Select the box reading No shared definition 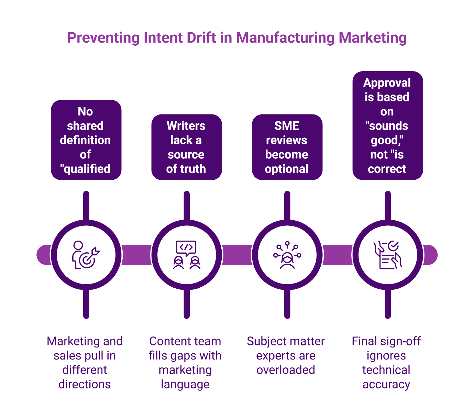tap(86, 140)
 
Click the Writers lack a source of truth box tap(186, 147)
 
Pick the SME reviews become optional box tap(287, 147)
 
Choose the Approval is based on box tap(387, 125)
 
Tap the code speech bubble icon tap(186, 255)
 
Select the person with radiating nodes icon tap(287, 255)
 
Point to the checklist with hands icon tap(387, 255)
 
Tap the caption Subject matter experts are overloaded tap(286, 355)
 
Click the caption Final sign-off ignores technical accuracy tap(386, 362)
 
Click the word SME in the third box tap(287, 126)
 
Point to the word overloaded tap(286, 370)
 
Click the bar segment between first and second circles tap(136, 255)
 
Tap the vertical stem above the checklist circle tap(388, 205)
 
